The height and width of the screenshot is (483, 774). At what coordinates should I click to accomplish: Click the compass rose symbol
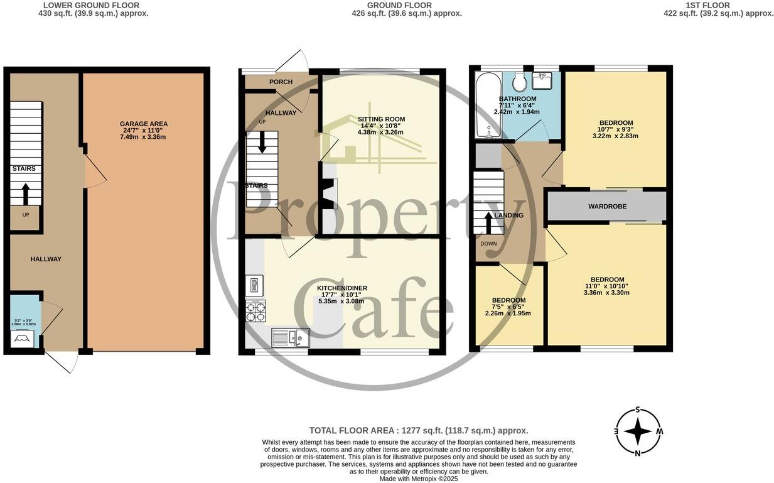[638, 431]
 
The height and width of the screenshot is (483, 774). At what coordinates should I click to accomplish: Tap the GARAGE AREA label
[144, 124]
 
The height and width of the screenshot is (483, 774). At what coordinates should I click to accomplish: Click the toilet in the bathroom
[519, 82]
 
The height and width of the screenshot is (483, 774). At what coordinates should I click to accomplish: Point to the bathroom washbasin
[541, 80]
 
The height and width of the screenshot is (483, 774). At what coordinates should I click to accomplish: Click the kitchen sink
[291, 338]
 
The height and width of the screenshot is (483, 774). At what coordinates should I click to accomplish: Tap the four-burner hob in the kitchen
[255, 311]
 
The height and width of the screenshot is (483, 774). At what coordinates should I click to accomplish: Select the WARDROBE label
[606, 207]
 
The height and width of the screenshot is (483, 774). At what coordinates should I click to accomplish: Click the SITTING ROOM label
[381, 119]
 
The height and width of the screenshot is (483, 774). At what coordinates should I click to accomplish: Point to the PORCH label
[281, 82]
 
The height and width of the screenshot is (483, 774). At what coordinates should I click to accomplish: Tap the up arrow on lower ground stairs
[26, 194]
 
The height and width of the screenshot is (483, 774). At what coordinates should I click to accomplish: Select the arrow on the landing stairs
[488, 222]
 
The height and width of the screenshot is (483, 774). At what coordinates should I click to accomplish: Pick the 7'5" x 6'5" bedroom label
[508, 300]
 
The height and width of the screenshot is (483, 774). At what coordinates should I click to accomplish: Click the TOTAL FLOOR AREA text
[418, 430]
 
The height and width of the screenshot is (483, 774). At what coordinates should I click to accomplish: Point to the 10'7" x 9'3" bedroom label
[615, 122]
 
